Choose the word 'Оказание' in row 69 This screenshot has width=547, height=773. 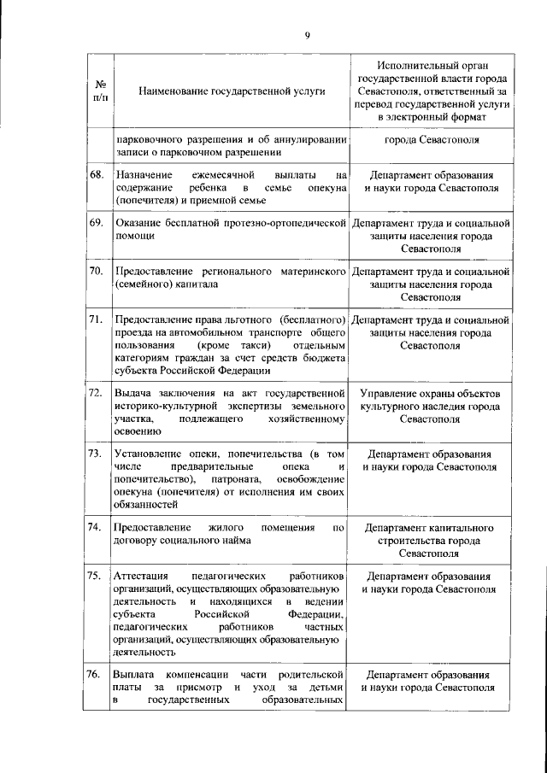[136, 223]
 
